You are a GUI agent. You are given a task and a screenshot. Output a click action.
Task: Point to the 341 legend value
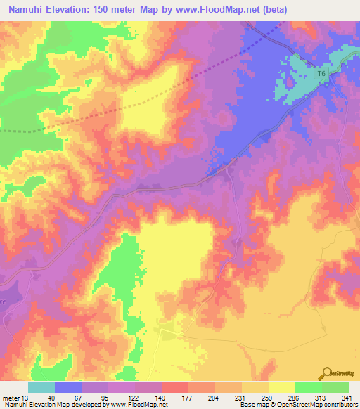[343, 397]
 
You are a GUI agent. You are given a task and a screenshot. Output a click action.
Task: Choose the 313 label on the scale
[322, 397]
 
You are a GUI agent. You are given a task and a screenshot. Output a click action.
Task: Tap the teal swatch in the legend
[41, 387]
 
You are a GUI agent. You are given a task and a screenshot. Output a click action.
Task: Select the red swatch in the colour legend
[175, 387]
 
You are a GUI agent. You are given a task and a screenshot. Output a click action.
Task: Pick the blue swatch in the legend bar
[68, 387]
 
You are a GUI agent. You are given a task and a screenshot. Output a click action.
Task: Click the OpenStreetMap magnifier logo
[327, 373]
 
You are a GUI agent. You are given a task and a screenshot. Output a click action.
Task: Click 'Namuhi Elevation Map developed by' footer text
[46, 405]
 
